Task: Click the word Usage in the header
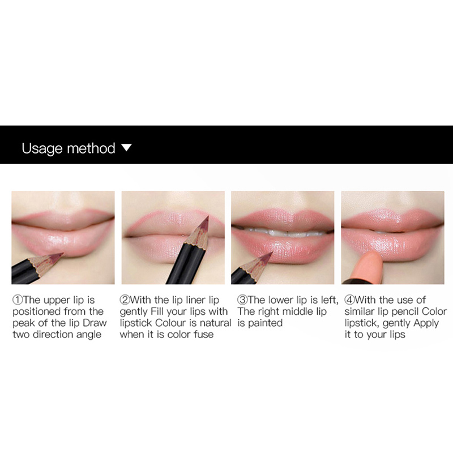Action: [x=42, y=148]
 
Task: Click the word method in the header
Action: [x=91, y=148]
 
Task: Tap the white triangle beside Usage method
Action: [x=126, y=148]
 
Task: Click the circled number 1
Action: [x=18, y=300]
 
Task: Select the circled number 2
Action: [x=125, y=300]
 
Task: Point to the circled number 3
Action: [x=243, y=300]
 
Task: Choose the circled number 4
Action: [x=349, y=300]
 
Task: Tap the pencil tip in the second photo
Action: [x=208, y=217]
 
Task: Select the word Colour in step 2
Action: [x=171, y=323]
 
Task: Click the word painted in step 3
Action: [x=265, y=323]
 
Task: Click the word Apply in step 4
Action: [x=426, y=323]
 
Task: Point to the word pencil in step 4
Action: [x=401, y=312]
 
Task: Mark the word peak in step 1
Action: [x=23, y=323]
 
